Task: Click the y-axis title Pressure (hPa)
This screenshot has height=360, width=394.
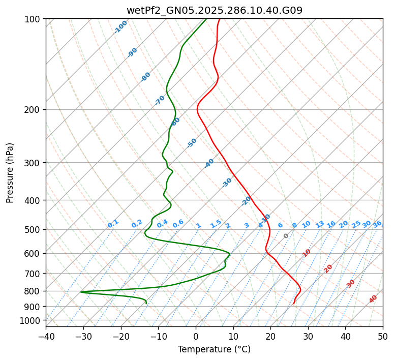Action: (10, 173)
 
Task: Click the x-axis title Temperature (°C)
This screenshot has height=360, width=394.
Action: (214, 350)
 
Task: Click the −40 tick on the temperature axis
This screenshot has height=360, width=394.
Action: (46, 337)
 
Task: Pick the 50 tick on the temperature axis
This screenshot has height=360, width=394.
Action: (383, 337)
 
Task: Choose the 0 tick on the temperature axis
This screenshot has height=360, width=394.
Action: (196, 337)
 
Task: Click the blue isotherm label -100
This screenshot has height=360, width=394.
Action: (121, 27)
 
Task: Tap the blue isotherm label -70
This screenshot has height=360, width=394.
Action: (160, 100)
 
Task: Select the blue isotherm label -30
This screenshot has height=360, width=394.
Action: (227, 183)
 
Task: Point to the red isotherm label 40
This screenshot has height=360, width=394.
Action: (373, 299)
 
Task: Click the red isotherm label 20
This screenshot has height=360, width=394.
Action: (328, 268)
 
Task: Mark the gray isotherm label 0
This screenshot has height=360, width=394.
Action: (286, 236)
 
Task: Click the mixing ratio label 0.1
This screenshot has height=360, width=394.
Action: (113, 224)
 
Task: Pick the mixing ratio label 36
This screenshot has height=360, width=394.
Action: (377, 224)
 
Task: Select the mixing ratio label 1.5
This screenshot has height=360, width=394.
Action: (216, 224)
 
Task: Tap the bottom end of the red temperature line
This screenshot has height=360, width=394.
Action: (294, 304)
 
